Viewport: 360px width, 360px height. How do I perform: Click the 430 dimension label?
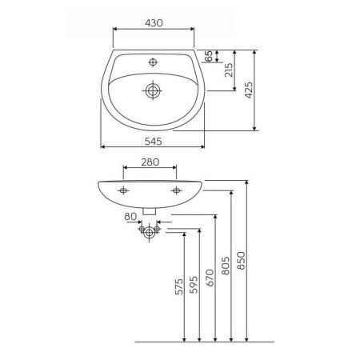(x=154, y=23)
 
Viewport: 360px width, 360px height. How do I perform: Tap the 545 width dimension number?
(x=153, y=142)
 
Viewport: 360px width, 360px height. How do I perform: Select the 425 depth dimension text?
(x=249, y=90)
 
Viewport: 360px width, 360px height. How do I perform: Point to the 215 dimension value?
(x=229, y=70)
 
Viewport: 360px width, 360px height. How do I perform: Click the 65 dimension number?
(x=210, y=56)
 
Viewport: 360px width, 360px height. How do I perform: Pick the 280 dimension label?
(x=150, y=162)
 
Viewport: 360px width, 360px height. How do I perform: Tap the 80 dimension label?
(x=130, y=217)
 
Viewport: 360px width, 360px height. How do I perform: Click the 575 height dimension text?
(x=179, y=286)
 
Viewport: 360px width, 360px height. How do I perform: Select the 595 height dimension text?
(x=194, y=285)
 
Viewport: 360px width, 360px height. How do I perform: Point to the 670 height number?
(x=210, y=278)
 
